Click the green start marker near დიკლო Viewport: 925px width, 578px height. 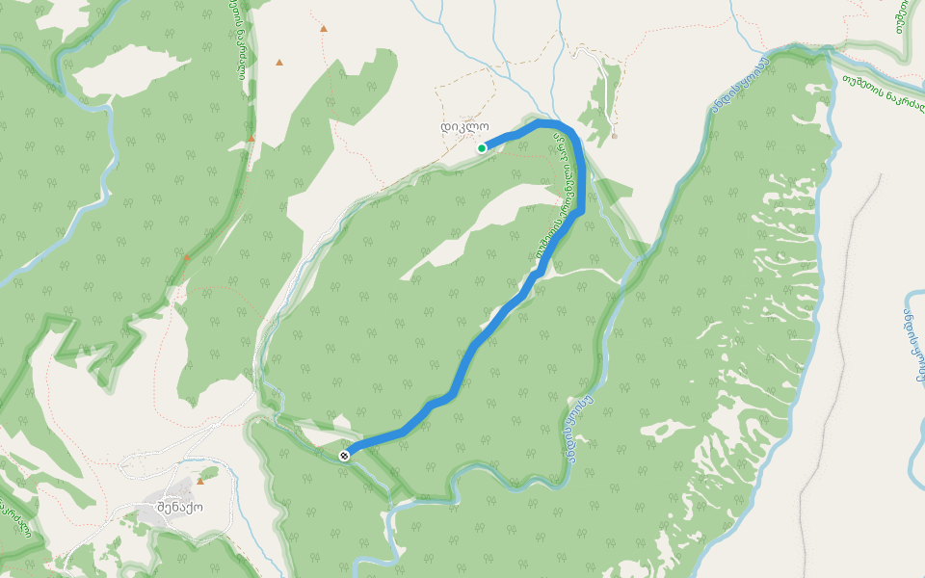pyautogui.click(x=481, y=147)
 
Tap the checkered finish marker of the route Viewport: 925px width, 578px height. pyautogui.click(x=344, y=455)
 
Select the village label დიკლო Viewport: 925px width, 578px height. pyautogui.click(x=464, y=126)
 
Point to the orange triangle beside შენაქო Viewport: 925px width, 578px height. pyautogui.click(x=200, y=481)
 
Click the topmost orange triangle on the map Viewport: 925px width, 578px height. pyautogui.click(x=323, y=29)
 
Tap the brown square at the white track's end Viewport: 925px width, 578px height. pyautogui.click(x=614, y=136)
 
